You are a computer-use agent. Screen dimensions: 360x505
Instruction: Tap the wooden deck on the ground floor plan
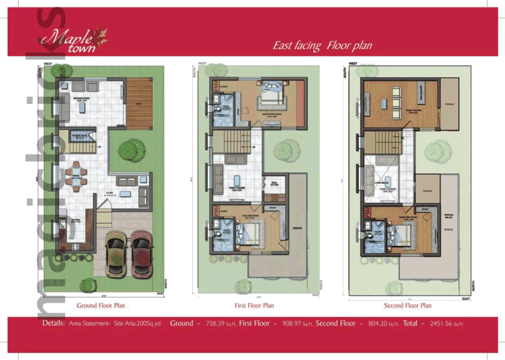pos(139,102)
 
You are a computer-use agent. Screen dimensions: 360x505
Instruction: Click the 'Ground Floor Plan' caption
pos(101,305)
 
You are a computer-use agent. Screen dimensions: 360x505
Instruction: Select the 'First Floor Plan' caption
pos(254,305)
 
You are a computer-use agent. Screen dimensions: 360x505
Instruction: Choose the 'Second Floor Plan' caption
pos(408,305)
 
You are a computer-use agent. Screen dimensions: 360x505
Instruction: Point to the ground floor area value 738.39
pos(218,324)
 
